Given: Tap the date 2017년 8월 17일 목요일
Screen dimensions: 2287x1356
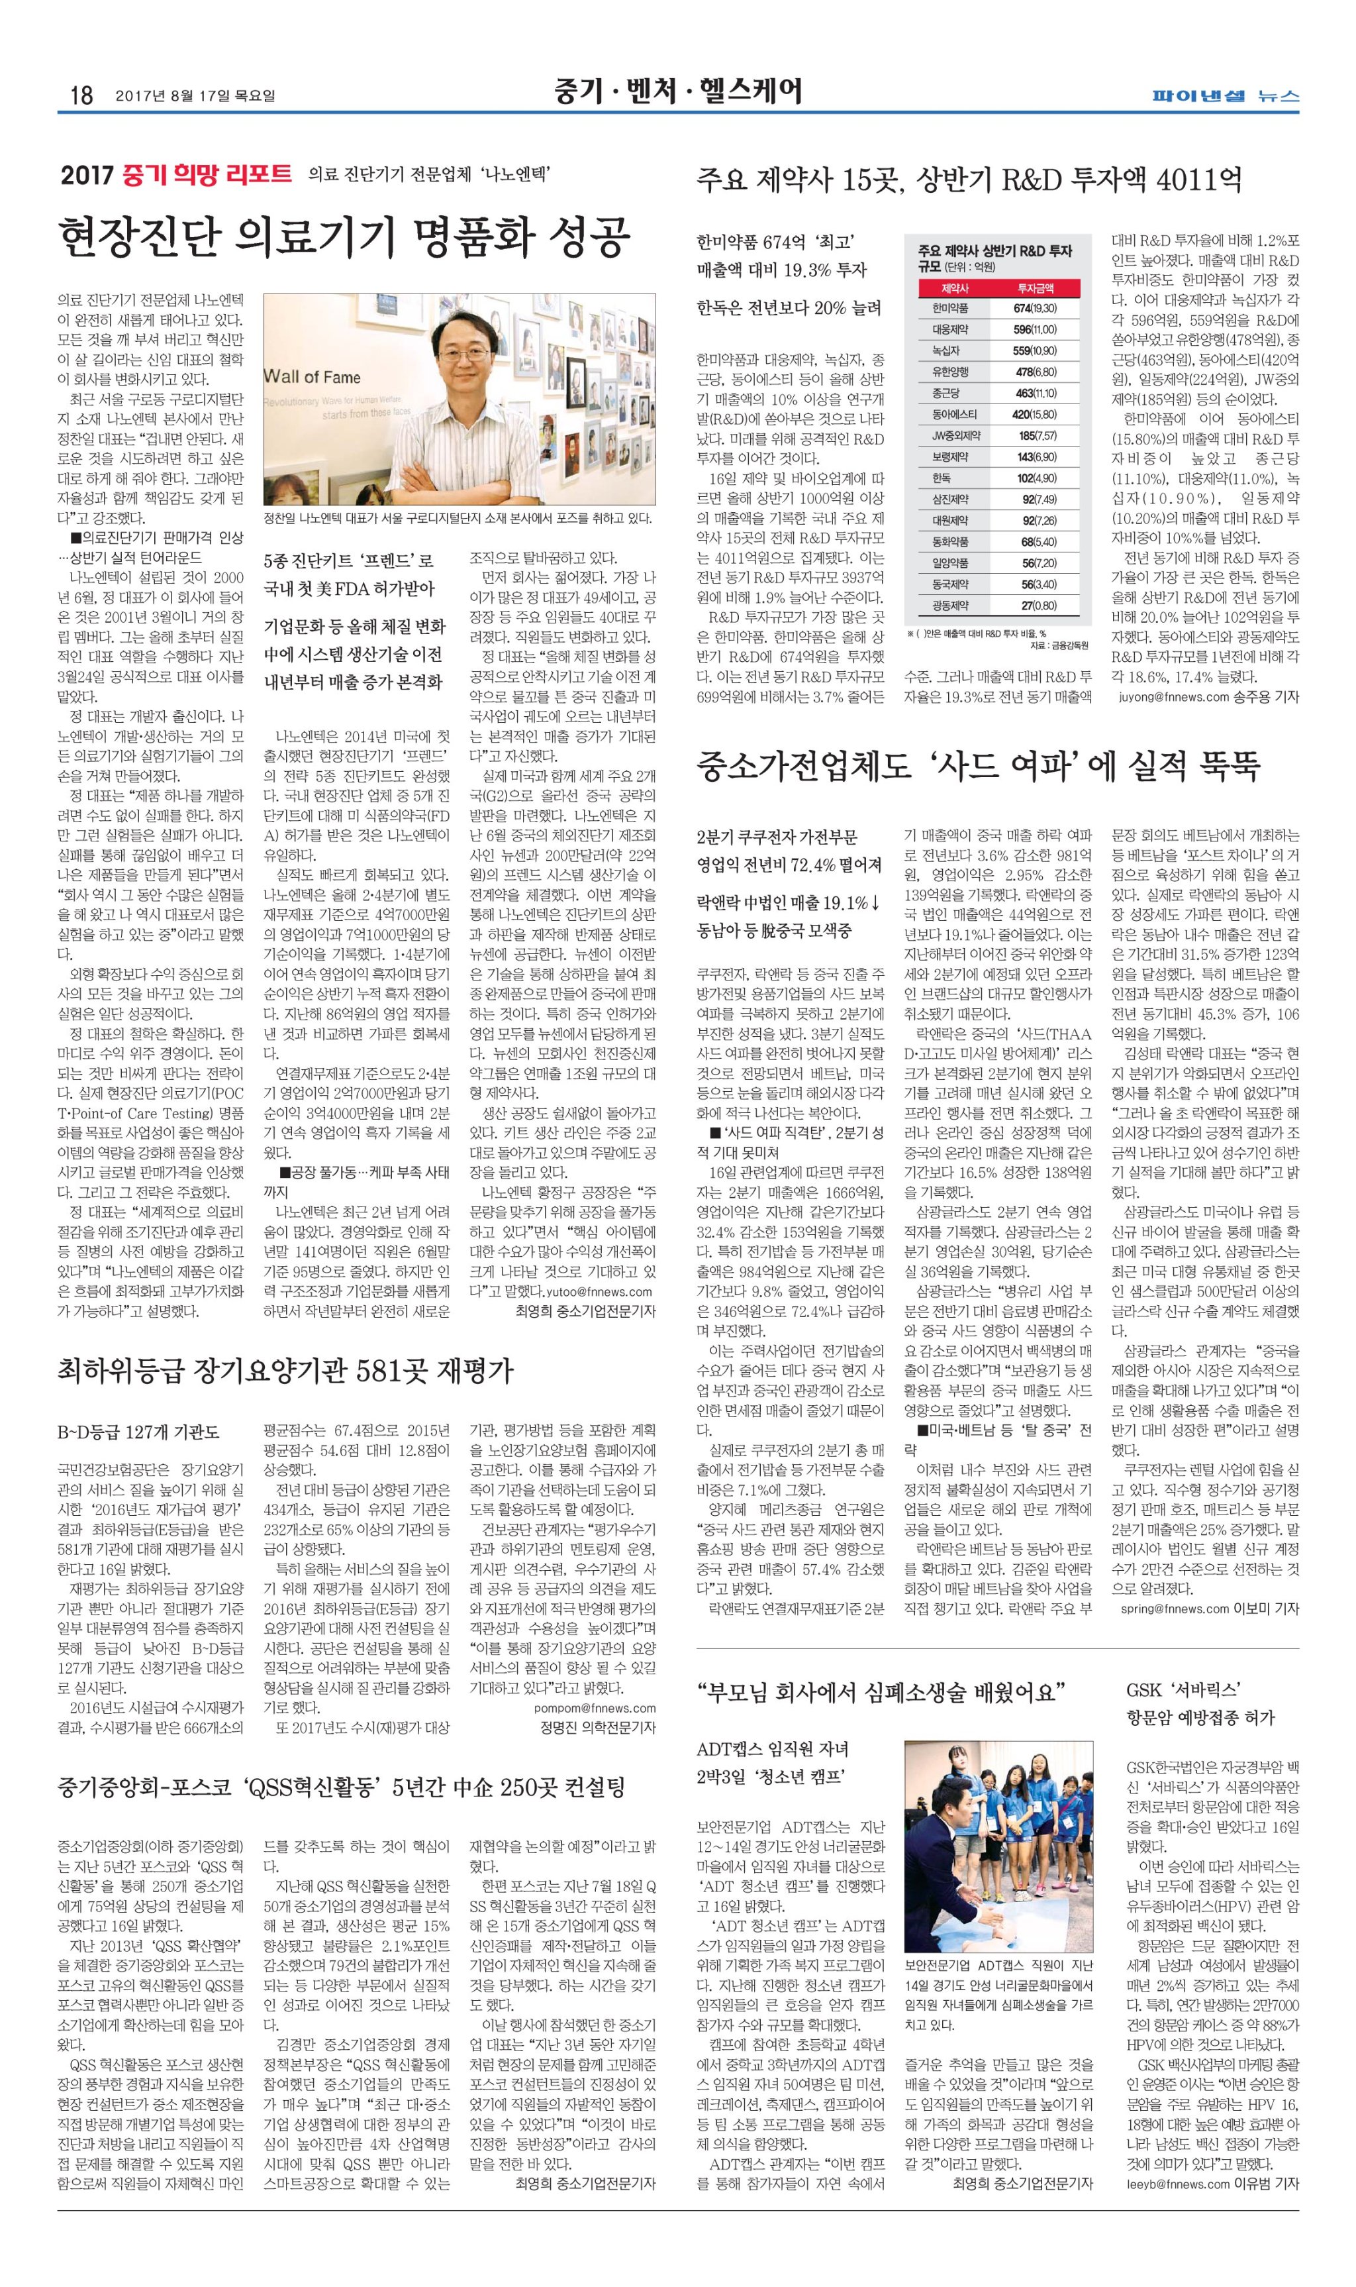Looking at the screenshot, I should pyautogui.click(x=195, y=95).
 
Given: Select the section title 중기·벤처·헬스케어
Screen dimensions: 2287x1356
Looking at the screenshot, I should pyautogui.click(x=677, y=91).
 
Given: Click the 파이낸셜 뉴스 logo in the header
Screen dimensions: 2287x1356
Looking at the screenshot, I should pyautogui.click(x=1224, y=95).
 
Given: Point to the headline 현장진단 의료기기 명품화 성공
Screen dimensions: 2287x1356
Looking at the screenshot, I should pyautogui.click(x=344, y=236).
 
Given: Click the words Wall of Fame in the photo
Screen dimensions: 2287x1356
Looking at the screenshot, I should pyautogui.click(x=313, y=376).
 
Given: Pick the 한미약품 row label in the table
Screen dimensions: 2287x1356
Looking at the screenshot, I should pyautogui.click(x=950, y=309).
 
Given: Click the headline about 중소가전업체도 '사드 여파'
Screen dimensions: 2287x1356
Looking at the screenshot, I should pyautogui.click(x=978, y=766).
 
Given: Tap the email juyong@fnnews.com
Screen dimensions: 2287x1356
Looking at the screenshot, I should pyautogui.click(x=1173, y=696).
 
